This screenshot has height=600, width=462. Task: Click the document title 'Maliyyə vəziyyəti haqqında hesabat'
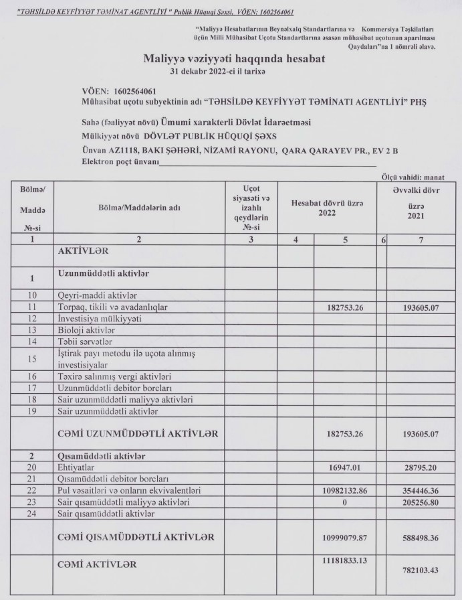tap(234, 59)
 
